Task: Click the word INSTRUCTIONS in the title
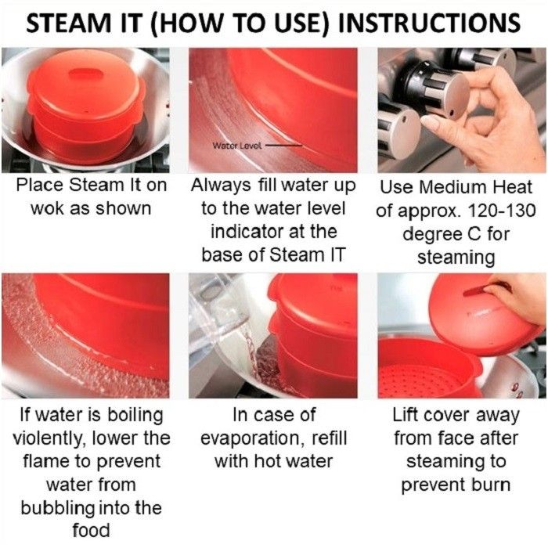point(429,23)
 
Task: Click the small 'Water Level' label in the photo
point(237,146)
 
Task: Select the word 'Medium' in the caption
point(462,187)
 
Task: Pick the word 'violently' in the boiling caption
point(49,439)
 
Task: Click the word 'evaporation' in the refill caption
point(250,438)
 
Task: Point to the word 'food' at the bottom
point(92,531)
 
